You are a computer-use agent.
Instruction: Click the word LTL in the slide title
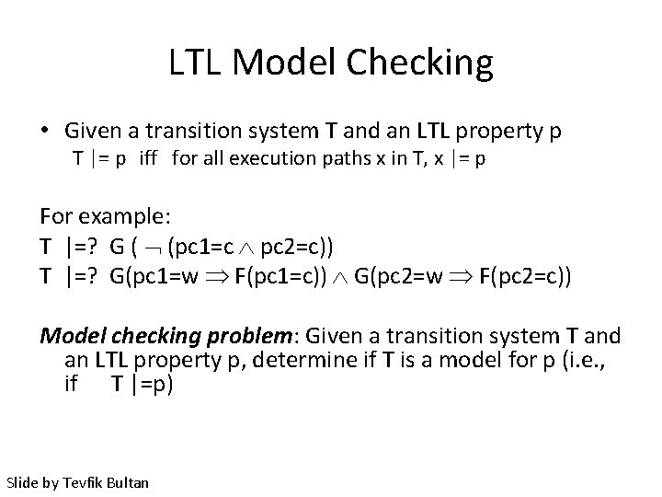coord(197,63)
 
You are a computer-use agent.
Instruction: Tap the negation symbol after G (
coord(153,247)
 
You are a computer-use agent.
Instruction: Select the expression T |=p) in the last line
coord(142,384)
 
